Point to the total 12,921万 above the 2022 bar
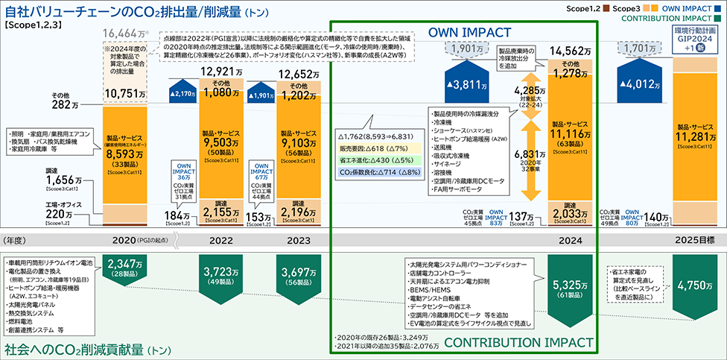click(x=223, y=71)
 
